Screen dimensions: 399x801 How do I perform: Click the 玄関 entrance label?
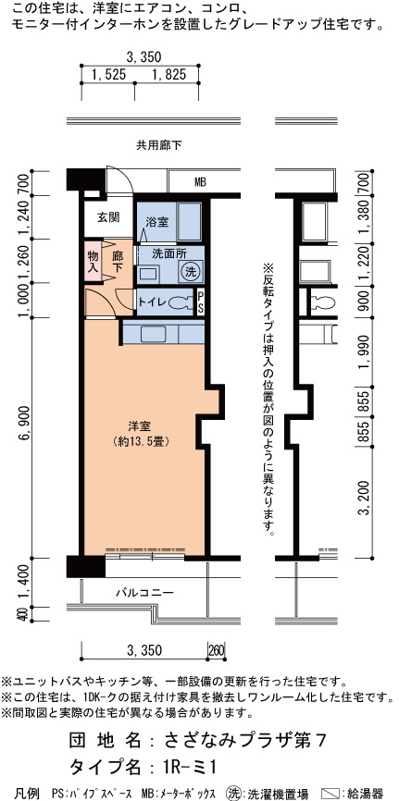point(108,217)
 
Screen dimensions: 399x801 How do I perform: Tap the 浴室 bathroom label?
point(157,222)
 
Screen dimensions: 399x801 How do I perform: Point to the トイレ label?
point(152,302)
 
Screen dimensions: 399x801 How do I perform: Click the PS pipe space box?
point(201,303)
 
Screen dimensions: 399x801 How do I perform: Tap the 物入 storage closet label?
point(93,261)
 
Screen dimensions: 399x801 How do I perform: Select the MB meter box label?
point(200,181)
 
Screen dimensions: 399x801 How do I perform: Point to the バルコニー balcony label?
point(144,593)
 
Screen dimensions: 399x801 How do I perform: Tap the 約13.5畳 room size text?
point(139,441)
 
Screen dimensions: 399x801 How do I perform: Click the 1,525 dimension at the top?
point(108,75)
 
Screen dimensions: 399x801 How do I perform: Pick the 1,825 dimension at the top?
point(168,75)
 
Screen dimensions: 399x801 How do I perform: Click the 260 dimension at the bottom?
point(217,651)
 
